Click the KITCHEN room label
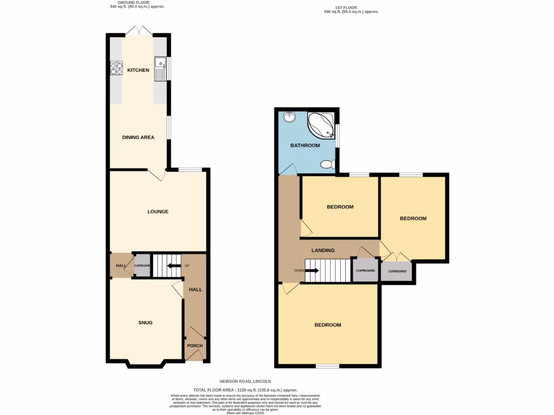point(138,70)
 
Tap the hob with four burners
point(116,69)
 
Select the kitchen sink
point(161,69)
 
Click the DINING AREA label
point(138,137)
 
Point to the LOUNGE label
point(158,211)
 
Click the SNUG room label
point(145,323)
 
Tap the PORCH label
point(195,346)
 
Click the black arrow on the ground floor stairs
point(174,265)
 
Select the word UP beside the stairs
point(187,266)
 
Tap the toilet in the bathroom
point(327,164)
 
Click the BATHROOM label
point(305,145)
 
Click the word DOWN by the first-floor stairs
point(299,270)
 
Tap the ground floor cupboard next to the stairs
point(142,266)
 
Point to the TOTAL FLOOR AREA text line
point(246,390)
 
